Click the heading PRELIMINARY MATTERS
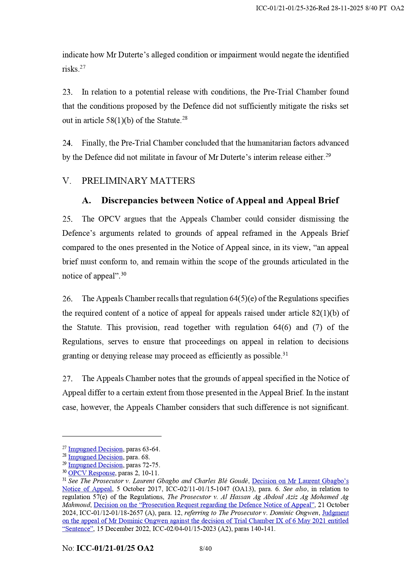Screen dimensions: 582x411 pos(138,181)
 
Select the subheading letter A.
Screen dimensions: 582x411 pos(86,201)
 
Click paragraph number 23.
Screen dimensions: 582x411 pos(67,92)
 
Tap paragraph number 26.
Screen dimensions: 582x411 pos(67,299)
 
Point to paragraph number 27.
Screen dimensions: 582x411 pos(67,379)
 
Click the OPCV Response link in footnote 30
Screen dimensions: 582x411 pos(91,473)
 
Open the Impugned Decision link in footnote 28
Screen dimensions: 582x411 pos(95,457)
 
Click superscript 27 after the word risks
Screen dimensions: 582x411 pos(82,67)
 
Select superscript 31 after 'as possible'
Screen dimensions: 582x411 pos(285,354)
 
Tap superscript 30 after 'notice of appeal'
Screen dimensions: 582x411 pos(124,274)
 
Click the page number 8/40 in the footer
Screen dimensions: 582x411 pos(205,549)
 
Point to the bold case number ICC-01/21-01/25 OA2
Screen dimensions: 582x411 pos(115,549)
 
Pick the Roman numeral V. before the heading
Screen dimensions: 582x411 pos(67,181)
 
